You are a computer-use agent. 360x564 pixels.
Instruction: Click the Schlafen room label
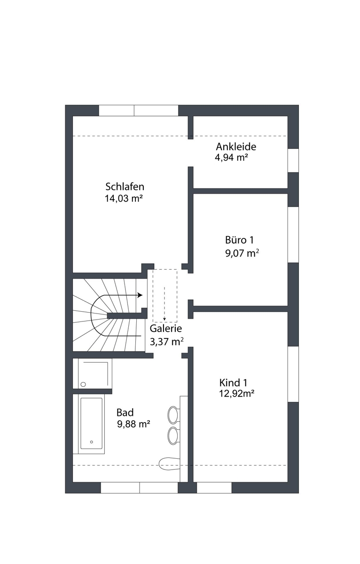coord(125,187)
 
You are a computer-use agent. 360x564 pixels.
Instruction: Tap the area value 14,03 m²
coord(124,199)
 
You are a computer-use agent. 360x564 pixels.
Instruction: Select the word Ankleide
coord(236,147)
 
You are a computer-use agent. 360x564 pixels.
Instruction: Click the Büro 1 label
coord(239,240)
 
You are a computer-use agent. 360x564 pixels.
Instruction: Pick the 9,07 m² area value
coord(242,253)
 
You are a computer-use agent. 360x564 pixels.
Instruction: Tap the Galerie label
coord(165,329)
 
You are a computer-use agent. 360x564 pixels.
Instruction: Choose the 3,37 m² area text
coord(167,342)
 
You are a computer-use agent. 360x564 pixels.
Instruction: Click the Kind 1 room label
coord(233,383)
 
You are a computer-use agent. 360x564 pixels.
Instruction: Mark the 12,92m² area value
coord(236,393)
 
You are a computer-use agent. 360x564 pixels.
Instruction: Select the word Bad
coord(125,413)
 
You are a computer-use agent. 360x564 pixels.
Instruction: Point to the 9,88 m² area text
coord(133,424)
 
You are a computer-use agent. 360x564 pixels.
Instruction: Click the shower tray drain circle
coord(83,384)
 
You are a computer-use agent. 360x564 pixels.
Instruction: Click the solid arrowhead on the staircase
coord(140,295)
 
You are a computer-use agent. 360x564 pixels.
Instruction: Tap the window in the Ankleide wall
coord(293,160)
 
